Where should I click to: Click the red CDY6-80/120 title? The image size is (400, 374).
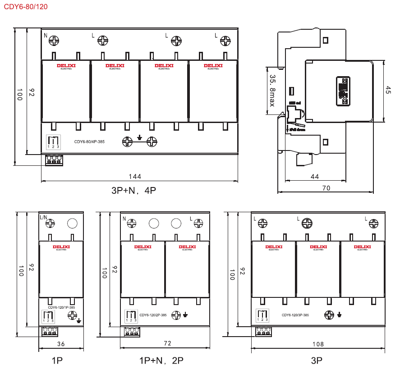(x=25, y=7)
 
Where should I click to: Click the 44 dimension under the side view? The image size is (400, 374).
(x=315, y=176)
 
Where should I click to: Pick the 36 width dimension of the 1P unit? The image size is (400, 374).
(x=61, y=344)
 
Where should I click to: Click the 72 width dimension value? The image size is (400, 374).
(x=167, y=343)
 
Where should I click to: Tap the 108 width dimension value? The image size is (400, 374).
(x=318, y=344)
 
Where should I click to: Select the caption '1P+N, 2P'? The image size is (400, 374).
(x=161, y=360)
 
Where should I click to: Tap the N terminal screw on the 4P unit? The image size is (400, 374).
(x=54, y=41)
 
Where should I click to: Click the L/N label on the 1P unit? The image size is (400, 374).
(x=43, y=217)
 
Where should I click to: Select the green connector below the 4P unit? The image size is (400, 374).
(x=54, y=160)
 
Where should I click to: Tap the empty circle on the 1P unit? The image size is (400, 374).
(x=72, y=223)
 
